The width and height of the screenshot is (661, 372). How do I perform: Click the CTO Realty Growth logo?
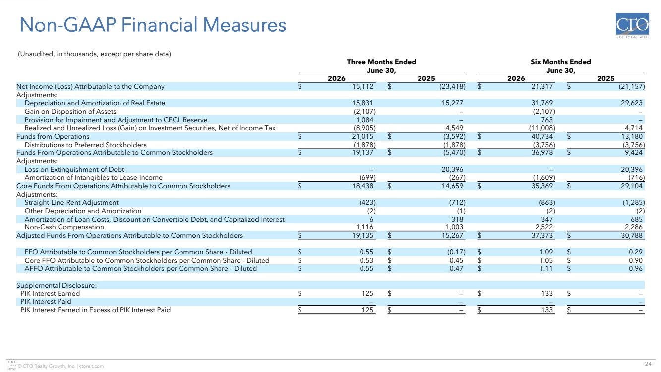pos(632,26)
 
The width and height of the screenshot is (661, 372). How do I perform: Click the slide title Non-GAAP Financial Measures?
pos(153,25)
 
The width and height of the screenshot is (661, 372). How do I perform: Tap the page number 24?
pos(648,364)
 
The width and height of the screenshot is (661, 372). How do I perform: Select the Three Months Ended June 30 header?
pos(381,66)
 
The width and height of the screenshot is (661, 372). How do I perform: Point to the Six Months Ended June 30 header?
pos(561,66)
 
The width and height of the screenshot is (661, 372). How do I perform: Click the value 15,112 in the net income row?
pos(362,86)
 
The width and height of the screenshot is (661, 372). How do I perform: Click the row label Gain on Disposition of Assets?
pos(70,111)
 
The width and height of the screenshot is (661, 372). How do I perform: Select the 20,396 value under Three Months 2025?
pos(452,169)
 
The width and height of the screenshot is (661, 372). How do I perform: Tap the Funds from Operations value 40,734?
pos(542,136)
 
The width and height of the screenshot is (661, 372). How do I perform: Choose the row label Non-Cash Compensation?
pos(64,227)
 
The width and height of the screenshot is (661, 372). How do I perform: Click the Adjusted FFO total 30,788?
pos(631,235)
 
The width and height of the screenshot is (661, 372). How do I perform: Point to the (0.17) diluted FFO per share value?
pos(456,252)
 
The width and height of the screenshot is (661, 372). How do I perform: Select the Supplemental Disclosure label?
pos(57,285)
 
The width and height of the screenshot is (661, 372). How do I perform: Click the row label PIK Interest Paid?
pos(46,301)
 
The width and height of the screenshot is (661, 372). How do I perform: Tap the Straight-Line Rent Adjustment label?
pos(71,203)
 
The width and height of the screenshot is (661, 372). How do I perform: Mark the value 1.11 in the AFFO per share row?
pos(546,269)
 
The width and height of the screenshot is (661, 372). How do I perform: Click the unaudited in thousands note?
pos(94,54)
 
